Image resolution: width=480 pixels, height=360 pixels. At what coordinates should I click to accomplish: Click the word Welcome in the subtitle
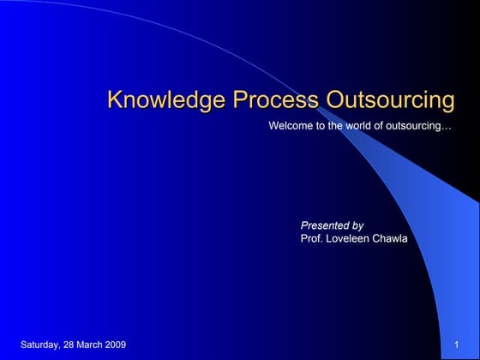(291, 126)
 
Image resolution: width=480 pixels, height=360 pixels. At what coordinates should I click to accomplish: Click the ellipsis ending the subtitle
(447, 127)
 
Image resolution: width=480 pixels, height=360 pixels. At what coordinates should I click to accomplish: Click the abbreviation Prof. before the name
(312, 238)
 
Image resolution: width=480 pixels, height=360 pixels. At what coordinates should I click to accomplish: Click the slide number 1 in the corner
(458, 345)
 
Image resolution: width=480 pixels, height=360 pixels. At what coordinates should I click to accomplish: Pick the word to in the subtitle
(321, 126)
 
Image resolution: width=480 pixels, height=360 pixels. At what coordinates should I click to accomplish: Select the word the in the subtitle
(338, 126)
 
